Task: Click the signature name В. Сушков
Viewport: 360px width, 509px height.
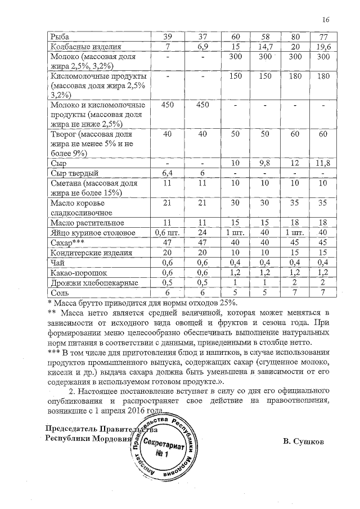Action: [x=304, y=442]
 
